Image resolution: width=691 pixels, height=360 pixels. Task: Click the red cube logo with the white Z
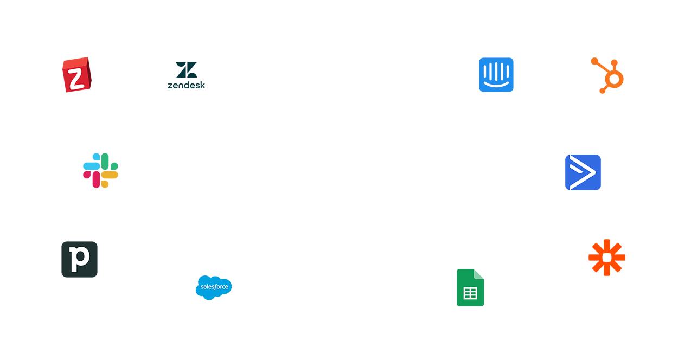[x=76, y=75]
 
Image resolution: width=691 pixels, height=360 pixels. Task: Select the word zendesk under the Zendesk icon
[x=187, y=85]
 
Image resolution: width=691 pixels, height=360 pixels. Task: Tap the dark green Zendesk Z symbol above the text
[x=187, y=70]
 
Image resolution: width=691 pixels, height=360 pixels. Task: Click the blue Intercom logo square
[x=496, y=75]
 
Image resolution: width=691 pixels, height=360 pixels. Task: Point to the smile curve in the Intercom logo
[x=496, y=85]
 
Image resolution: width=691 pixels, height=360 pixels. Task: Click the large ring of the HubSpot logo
[x=614, y=80]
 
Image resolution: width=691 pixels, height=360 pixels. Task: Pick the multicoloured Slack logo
[x=100, y=170]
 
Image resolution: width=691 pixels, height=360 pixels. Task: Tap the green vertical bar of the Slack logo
[x=105, y=160]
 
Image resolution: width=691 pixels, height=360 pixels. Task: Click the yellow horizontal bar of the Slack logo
[x=110, y=175]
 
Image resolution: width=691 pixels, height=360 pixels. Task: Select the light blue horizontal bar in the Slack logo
[x=91, y=166]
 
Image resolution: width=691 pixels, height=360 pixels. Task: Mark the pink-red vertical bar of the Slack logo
[x=96, y=179]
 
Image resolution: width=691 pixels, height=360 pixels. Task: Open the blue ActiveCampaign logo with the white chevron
[x=583, y=172]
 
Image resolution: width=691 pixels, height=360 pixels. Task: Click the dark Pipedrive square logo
[x=79, y=259]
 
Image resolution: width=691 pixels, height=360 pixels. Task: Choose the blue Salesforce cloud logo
[x=214, y=287]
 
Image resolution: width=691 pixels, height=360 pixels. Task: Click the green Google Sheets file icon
[x=470, y=288]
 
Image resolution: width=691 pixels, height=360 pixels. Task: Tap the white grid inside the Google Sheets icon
[x=470, y=293]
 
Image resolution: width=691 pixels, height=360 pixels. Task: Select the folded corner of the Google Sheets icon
[x=479, y=274]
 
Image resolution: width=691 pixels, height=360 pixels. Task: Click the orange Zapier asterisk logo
[x=607, y=258]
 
